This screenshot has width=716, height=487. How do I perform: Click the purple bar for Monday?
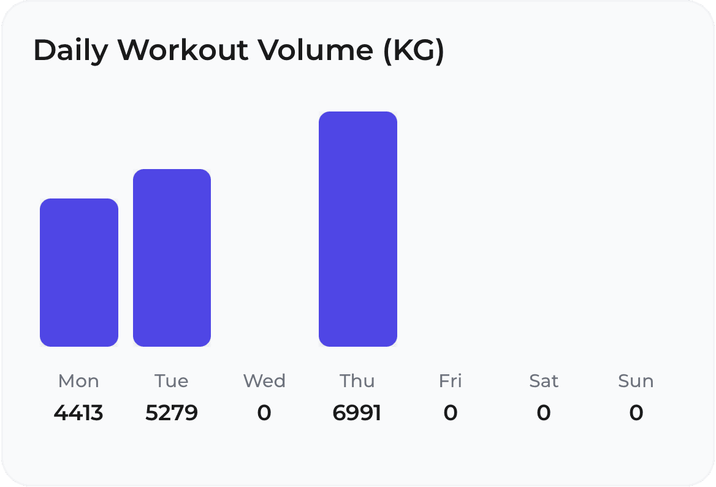pos(79,273)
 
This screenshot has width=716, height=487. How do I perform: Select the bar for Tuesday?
pos(172,258)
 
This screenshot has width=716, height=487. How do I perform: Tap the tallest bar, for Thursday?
pos(358,229)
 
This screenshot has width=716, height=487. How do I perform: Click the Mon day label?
pos(78,381)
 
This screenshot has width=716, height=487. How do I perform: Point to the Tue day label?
pos(172,381)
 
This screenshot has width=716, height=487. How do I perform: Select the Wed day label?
pos(264,381)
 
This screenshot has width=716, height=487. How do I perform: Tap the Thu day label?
pos(357,381)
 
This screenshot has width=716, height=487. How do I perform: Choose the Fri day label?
pos(450,381)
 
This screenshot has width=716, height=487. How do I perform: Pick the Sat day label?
pos(544,381)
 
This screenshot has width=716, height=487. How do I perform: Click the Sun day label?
pos(636,381)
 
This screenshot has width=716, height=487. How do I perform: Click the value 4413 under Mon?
pos(78,413)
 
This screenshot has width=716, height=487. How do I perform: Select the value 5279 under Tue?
pos(172,413)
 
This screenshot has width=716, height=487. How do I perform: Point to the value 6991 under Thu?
pos(357,413)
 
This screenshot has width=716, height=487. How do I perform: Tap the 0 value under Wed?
pos(264,413)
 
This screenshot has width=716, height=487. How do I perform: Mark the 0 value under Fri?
pos(450,413)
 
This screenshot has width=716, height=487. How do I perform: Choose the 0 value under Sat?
pos(544,413)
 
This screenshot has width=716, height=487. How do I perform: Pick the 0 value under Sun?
pos(636,413)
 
